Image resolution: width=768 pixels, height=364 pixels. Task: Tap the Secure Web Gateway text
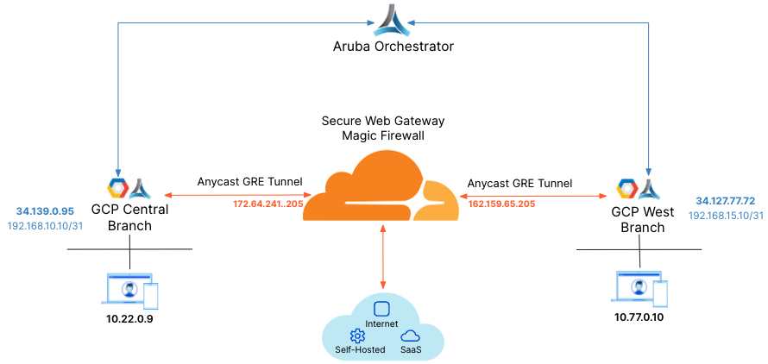click(383, 121)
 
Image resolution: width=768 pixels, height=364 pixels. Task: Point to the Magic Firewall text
click(383, 135)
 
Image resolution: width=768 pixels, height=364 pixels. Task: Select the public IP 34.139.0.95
click(45, 210)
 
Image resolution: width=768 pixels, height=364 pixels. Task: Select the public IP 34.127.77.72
click(725, 201)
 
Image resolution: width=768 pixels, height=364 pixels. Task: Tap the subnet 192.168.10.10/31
click(45, 225)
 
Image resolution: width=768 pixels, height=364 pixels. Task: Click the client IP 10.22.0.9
click(129, 320)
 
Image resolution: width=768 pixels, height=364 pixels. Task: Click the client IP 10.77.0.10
click(639, 317)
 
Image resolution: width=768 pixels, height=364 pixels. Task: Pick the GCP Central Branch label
click(129, 217)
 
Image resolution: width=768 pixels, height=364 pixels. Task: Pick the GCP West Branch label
click(638, 219)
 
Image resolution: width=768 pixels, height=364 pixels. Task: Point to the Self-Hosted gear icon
click(357, 336)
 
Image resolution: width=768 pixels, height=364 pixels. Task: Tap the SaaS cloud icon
click(411, 336)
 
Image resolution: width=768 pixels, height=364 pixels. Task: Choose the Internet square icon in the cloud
click(382, 309)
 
